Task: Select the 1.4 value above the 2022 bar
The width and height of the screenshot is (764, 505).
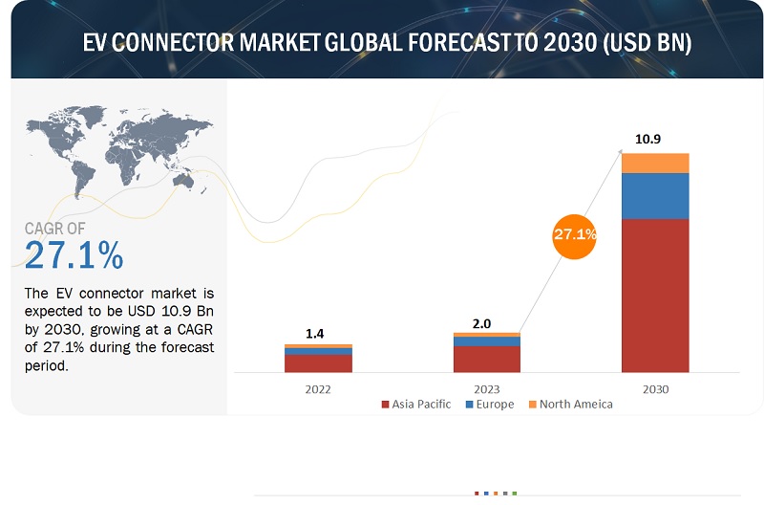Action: point(318,332)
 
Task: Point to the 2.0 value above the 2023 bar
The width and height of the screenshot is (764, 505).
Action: point(486,323)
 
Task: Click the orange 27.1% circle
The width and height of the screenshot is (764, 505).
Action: point(574,233)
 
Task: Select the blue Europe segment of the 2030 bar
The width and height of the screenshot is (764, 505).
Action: point(655,195)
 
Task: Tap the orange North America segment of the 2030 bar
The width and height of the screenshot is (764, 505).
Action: point(655,163)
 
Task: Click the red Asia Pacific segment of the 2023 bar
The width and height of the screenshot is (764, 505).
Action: point(486,359)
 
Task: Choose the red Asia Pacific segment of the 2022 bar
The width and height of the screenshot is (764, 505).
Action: point(318,362)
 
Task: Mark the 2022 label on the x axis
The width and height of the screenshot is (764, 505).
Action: point(318,389)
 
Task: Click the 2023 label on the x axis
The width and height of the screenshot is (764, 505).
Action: point(486,389)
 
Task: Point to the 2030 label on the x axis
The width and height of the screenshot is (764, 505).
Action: point(655,389)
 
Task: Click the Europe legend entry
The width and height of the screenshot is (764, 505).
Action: point(489,405)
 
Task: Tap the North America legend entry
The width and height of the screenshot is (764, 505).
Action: point(569,405)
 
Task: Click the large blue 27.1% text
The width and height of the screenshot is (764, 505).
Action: point(74,255)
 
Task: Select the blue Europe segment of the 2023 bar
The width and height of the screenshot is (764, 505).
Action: point(486,341)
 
